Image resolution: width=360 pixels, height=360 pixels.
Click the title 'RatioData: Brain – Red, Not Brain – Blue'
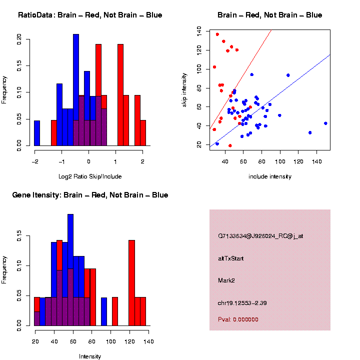pos(90,15)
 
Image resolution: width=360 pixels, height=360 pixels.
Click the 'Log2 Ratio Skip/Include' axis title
pos(90,176)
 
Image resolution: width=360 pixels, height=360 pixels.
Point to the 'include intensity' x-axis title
pos(270,176)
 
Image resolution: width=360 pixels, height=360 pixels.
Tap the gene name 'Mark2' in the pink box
pos(226,280)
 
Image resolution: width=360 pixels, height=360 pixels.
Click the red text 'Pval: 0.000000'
pos(238,319)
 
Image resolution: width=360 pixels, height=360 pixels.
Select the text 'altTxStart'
pos(230,258)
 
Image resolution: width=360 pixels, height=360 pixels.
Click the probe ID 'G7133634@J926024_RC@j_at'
pos(253,236)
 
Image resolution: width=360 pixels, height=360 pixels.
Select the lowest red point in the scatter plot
pos(230,145)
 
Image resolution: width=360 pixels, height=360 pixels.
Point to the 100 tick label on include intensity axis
pos(280,162)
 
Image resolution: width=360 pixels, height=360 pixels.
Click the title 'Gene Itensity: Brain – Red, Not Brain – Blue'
pos(90,195)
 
